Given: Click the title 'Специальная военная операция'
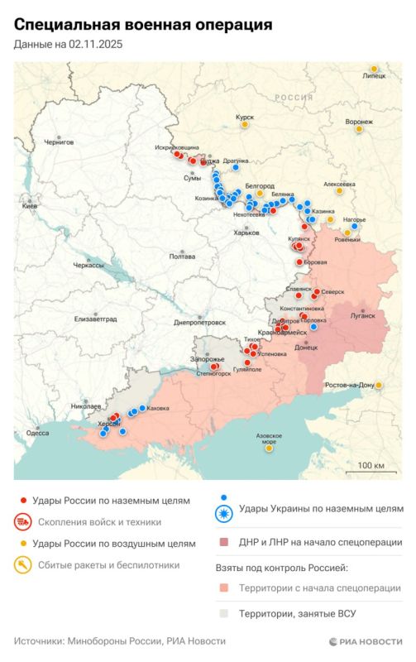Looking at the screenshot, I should [x=143, y=26].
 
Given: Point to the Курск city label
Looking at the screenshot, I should [x=245, y=118].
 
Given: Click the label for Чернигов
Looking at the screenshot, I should [x=59, y=142].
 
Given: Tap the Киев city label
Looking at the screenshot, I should [x=29, y=205].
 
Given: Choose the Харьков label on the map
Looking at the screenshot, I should [x=246, y=233].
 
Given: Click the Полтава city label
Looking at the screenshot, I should [x=182, y=257].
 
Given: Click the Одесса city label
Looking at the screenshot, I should [x=37, y=432].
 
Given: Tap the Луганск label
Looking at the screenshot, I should [x=363, y=315].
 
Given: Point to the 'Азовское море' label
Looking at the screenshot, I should [x=268, y=439].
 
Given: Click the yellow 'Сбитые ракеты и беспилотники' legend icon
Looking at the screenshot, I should [x=23, y=566].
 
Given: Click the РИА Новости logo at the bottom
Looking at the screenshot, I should [x=365, y=641].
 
